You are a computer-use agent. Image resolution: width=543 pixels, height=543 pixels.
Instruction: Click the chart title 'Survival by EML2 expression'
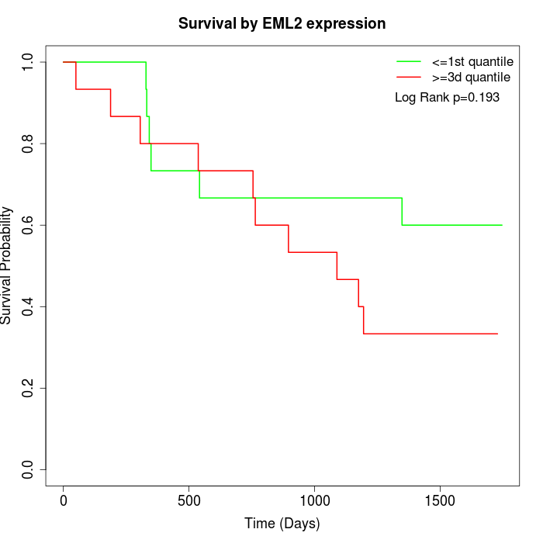282,23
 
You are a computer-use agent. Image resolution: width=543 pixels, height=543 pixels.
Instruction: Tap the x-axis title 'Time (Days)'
282,524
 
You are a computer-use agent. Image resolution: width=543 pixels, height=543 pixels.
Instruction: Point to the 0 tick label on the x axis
64,499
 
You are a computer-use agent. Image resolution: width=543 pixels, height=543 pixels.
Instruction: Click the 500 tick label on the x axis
189,499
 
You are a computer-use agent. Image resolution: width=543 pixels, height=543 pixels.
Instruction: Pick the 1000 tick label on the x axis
315,499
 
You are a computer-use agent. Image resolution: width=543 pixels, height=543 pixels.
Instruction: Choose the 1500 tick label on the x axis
441,499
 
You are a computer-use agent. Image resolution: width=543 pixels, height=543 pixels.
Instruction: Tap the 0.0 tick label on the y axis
29,469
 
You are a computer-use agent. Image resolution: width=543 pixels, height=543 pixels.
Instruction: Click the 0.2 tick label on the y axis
29,388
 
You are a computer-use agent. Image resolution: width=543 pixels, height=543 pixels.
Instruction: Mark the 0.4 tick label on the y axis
29,306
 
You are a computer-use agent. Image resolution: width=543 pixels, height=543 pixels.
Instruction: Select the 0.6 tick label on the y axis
29,225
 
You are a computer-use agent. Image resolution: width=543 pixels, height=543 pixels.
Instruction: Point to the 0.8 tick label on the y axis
29,144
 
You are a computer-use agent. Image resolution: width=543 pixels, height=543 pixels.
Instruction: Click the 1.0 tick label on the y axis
29,62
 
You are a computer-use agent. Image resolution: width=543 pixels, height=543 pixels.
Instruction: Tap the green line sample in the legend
409,61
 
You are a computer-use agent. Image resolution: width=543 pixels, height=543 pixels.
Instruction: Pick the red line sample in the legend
409,77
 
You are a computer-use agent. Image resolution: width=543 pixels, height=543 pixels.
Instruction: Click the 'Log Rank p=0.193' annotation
447,97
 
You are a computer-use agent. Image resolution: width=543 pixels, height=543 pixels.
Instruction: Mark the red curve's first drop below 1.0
76,75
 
